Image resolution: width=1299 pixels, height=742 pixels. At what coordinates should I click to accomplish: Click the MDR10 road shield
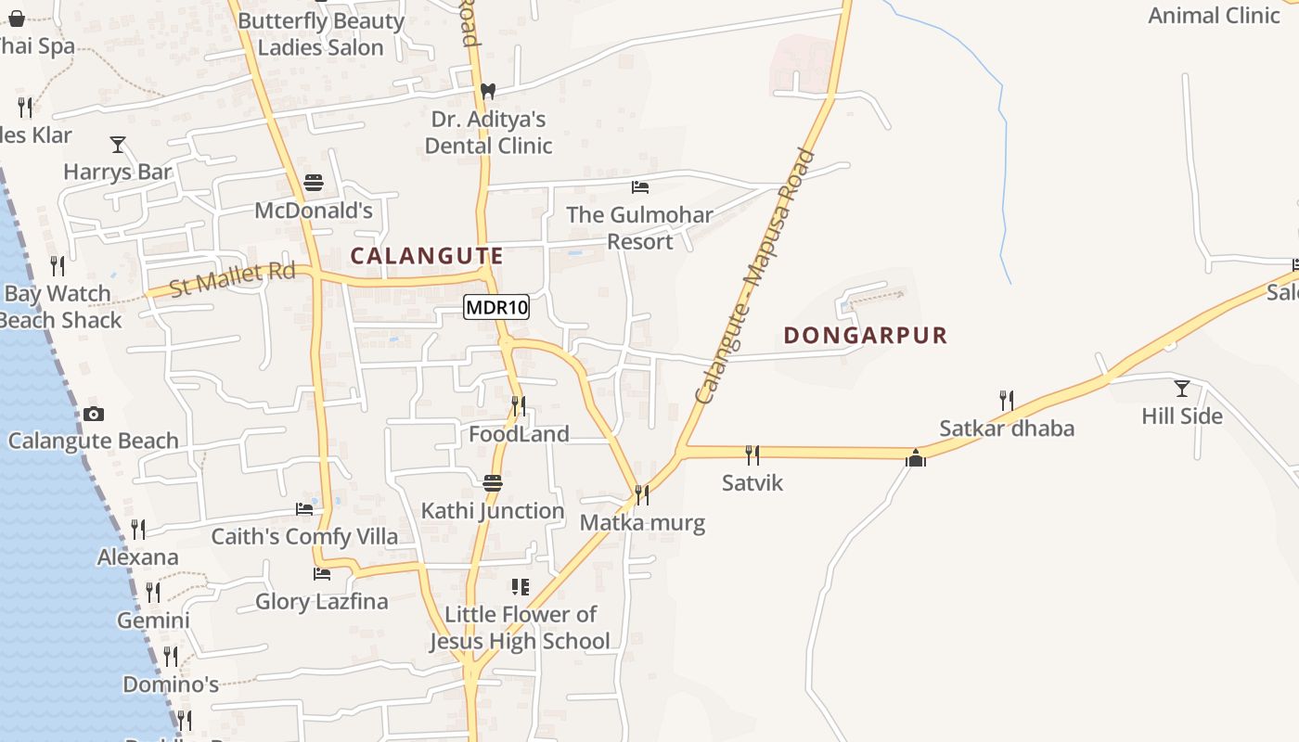coord(496,307)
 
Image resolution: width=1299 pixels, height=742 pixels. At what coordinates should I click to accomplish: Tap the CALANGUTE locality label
coord(427,256)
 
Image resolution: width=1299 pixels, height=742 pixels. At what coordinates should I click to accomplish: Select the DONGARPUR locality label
coord(866,336)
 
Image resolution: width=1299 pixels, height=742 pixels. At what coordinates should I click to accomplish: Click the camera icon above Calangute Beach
coord(93,414)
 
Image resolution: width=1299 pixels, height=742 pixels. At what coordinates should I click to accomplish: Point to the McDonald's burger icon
coord(314,183)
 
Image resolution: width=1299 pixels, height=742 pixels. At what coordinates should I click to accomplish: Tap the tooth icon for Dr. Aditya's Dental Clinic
coord(488,92)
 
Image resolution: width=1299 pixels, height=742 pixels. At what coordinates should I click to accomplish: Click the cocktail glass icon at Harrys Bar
coord(118,144)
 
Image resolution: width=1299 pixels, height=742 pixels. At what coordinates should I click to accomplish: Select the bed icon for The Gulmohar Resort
coord(639,187)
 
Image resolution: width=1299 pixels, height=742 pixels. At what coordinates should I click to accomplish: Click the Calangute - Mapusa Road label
coord(754,276)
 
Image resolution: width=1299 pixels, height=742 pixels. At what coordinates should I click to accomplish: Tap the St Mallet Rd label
coord(233,279)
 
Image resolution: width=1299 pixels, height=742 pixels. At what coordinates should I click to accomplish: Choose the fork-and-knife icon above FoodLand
coord(519,406)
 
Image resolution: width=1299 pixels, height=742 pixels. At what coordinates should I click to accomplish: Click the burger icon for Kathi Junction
coord(493,483)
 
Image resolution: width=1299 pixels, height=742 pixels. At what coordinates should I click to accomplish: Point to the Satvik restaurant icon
coord(752,454)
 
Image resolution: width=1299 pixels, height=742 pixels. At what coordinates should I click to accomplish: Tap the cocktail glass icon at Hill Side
coord(1181,388)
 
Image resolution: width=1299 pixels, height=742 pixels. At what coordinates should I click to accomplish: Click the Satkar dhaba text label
coord(1007,429)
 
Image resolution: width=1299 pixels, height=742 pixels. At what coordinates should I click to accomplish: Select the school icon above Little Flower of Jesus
coord(521,586)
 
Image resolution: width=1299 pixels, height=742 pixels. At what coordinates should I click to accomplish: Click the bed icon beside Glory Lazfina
coord(322,574)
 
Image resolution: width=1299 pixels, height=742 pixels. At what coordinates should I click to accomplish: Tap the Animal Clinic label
coord(1214,15)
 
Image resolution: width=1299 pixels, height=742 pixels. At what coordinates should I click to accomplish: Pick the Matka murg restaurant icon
coord(641,494)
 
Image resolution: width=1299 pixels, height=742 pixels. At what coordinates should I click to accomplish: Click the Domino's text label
coord(171,685)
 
